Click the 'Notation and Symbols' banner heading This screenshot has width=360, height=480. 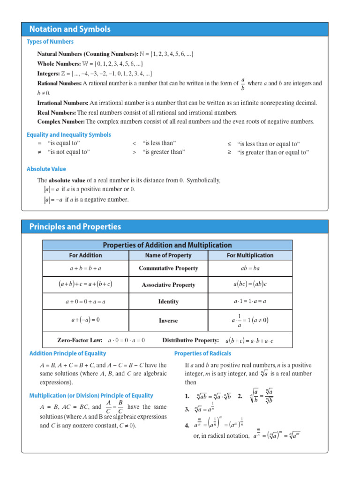(70, 29)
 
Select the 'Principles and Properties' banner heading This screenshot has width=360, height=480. (75, 227)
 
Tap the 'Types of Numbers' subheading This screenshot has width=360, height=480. (50, 42)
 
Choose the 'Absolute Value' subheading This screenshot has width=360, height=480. (46, 169)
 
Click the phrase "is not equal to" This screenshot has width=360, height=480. (68, 152)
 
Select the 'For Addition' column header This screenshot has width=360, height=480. (85, 255)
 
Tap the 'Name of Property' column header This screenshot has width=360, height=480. (168, 255)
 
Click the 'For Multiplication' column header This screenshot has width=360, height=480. (250, 255)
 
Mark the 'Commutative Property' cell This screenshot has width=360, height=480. (168, 269)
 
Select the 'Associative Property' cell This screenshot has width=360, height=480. (168, 285)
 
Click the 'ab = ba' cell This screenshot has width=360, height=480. (250, 269)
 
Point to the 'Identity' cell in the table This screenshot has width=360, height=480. (168, 302)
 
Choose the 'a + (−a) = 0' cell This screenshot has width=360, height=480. (85, 321)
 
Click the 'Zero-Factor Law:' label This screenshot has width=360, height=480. (80, 340)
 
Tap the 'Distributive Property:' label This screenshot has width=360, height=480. (190, 340)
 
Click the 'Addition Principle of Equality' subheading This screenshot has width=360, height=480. (67, 353)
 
